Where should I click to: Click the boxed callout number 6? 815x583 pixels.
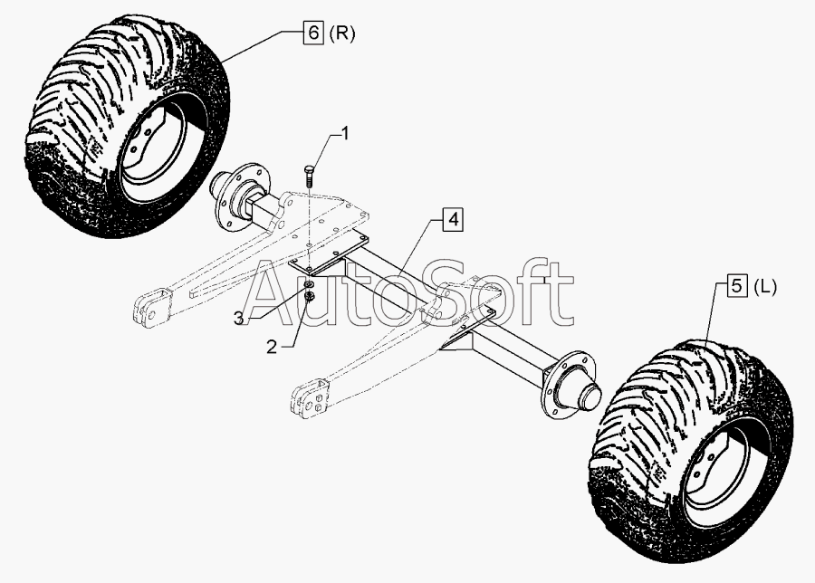313,34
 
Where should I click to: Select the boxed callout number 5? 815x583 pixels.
736,287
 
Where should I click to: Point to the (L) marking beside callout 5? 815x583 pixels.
764,287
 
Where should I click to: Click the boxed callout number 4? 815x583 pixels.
453,220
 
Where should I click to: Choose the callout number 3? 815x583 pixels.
239,319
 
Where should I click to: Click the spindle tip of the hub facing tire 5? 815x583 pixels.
592,396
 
